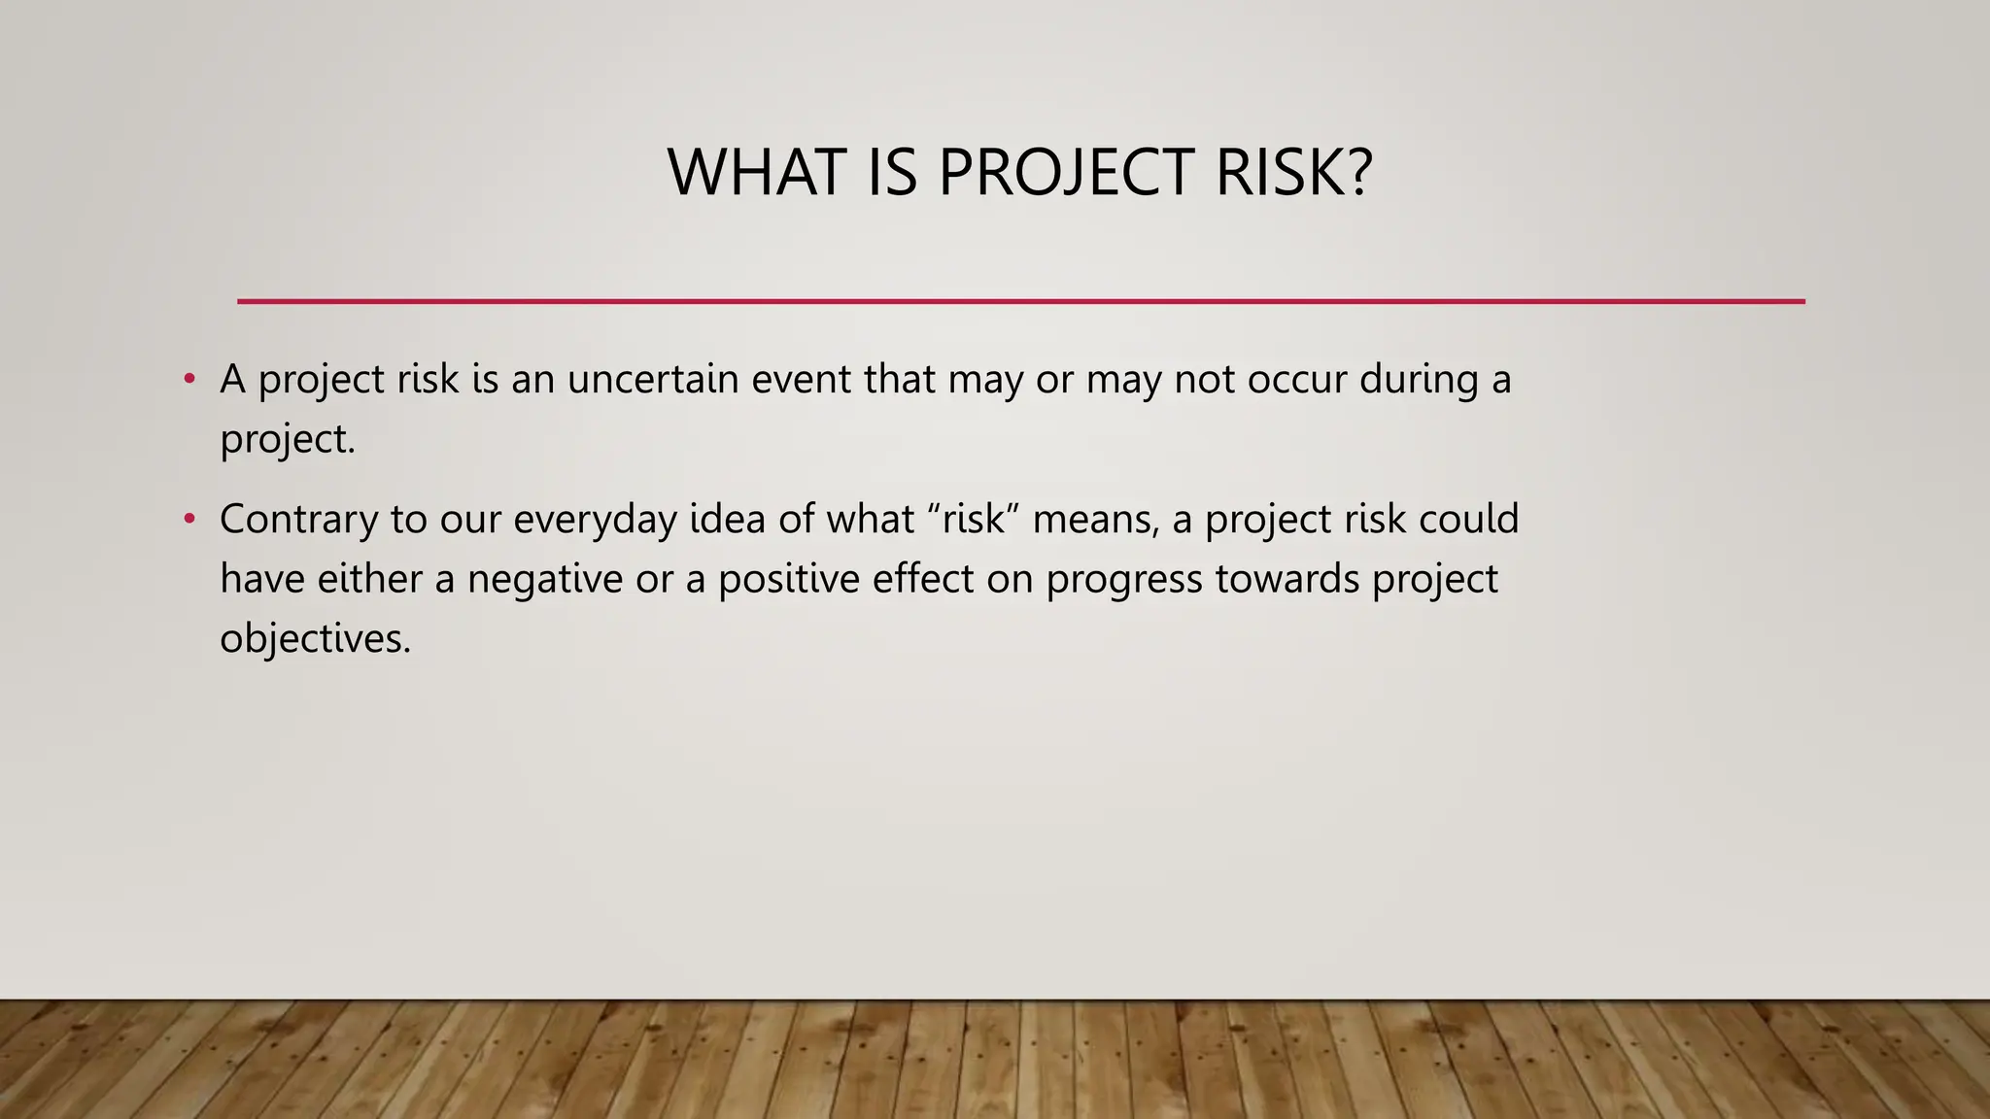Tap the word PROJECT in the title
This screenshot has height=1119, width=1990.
[1065, 172]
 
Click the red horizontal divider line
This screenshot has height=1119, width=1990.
[1020, 301]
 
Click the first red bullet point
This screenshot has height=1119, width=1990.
[189, 378]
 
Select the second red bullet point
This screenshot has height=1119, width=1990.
[189, 519]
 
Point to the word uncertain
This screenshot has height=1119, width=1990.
[653, 379]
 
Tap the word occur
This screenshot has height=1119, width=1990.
[1296, 379]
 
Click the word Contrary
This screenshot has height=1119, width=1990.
[298, 519]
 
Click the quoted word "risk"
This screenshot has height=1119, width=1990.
[973, 519]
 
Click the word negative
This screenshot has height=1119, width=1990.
[544, 580]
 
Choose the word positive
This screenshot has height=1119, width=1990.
[788, 580]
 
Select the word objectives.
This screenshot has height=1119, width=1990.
[315, 639]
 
